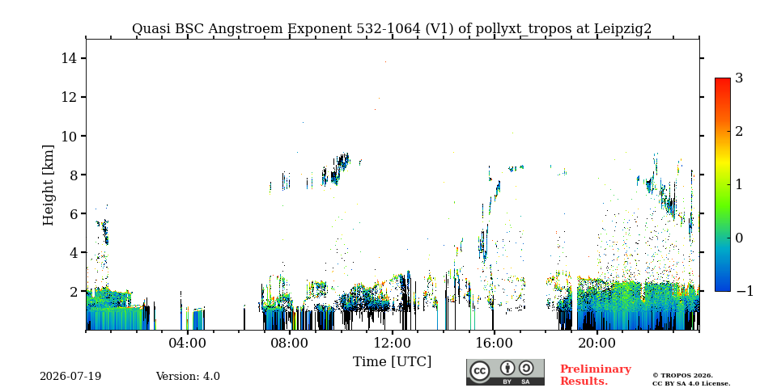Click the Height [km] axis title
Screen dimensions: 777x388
click(48, 185)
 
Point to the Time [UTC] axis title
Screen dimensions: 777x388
click(392, 362)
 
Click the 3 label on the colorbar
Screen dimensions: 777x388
click(739, 78)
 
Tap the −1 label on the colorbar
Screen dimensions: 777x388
click(745, 291)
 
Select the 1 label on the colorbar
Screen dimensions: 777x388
click(739, 184)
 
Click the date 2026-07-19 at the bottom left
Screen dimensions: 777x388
click(70, 377)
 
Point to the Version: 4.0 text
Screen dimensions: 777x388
click(188, 377)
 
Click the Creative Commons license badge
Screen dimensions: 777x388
click(505, 372)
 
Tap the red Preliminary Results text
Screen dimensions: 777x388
click(596, 375)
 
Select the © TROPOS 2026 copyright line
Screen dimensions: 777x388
click(682, 376)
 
